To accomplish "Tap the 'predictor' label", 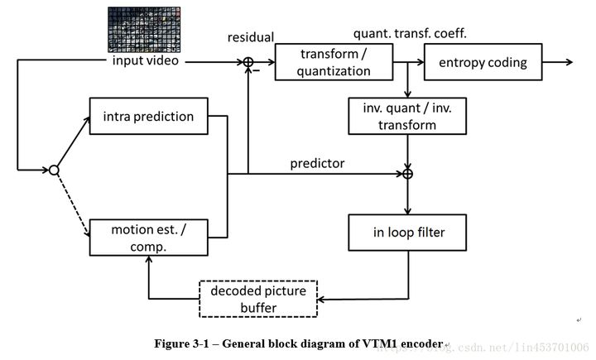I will [317, 163].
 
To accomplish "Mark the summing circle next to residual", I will [248, 62].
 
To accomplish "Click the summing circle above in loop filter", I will [407, 174].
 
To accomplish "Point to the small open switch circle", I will [53, 170].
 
